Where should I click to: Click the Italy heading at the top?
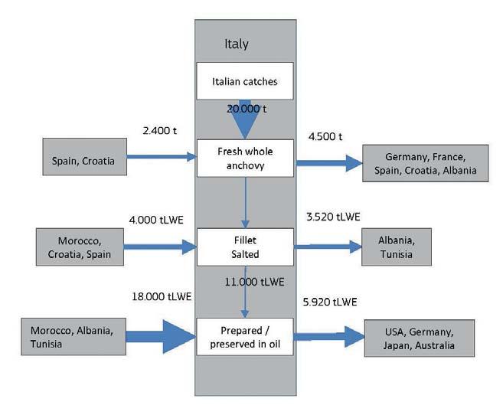(x=237, y=44)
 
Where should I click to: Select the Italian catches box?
(x=245, y=80)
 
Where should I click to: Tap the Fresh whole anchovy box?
(x=245, y=158)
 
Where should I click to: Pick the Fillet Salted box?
(x=245, y=247)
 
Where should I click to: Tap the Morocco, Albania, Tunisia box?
(x=71, y=337)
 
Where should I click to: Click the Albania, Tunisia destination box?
(x=396, y=247)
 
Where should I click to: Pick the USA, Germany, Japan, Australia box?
(x=420, y=338)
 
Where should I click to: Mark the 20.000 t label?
(x=246, y=109)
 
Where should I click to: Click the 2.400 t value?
(x=159, y=131)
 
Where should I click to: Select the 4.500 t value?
(x=325, y=136)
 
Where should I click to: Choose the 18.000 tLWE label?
(x=162, y=296)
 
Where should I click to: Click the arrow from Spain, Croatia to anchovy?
(x=162, y=158)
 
